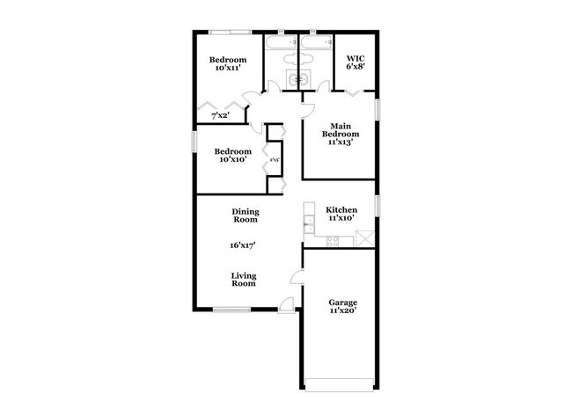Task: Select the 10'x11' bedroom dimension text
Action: [x=227, y=67]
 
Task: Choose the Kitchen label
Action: [x=341, y=210]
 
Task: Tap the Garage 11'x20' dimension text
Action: [x=342, y=310]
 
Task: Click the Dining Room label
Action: [x=245, y=215]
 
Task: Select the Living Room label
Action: [x=244, y=280]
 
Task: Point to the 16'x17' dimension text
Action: [x=244, y=246]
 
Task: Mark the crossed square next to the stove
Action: [x=364, y=237]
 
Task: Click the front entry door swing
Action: [x=287, y=304]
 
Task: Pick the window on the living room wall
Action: [x=231, y=309]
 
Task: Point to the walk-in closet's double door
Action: [x=355, y=91]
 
